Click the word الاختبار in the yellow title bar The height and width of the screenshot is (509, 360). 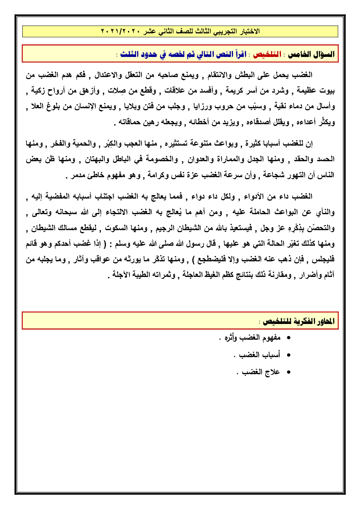(247, 32)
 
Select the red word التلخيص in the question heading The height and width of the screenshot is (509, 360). (267, 54)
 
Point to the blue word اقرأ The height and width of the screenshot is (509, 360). (240, 54)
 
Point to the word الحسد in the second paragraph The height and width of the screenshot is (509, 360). (326, 159)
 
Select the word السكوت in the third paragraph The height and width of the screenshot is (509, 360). (116, 228)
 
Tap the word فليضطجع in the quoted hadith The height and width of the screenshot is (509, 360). (206, 259)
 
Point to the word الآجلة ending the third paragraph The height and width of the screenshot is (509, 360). (122, 275)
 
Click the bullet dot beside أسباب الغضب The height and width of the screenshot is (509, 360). (289, 355)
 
